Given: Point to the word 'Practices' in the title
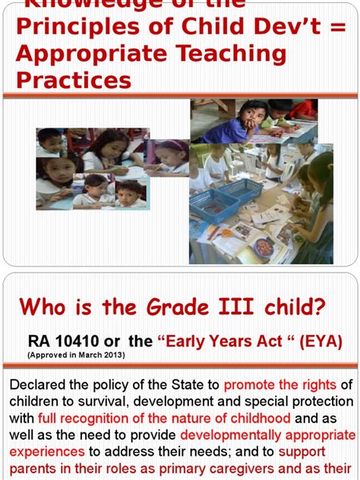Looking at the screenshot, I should (x=73, y=81).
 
